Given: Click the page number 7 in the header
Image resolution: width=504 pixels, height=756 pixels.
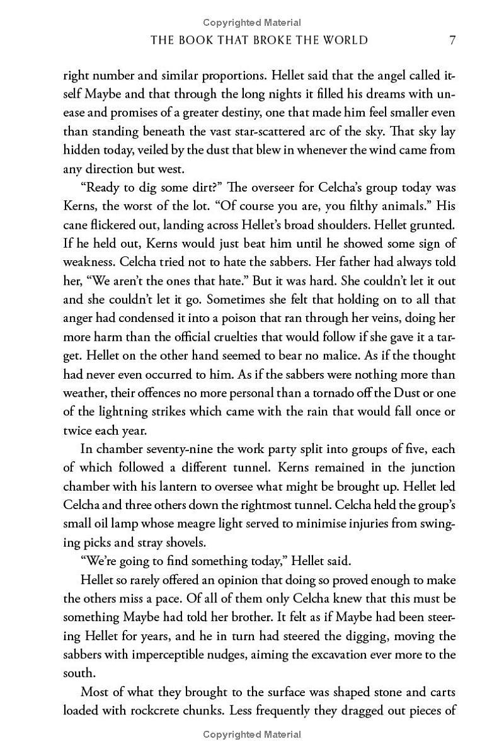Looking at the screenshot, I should pos(452,40).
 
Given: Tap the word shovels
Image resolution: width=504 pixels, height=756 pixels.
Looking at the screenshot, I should pos(193,542).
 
